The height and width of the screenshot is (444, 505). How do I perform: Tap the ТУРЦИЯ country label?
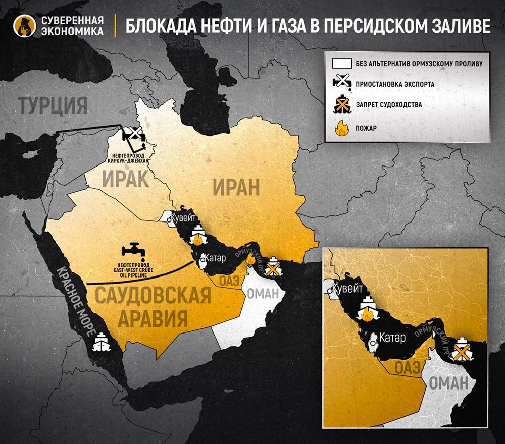(53, 105)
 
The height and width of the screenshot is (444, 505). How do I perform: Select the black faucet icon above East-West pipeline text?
(133, 251)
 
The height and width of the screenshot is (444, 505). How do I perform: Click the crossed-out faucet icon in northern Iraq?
(134, 134)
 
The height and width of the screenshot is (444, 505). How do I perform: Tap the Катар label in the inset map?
(392, 338)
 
